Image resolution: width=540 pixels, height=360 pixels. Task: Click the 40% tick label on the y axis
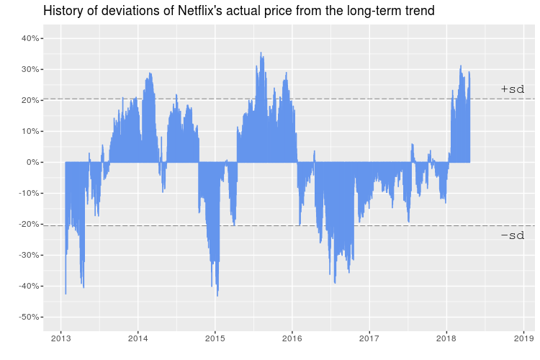point(30,38)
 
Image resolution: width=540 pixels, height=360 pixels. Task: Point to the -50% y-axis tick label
point(27,318)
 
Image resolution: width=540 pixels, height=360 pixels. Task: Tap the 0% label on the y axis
point(32,162)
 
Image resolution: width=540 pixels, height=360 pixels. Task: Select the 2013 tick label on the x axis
point(60,338)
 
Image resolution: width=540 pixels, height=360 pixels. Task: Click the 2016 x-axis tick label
point(292,338)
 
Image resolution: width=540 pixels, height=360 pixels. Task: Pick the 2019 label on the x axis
point(523,338)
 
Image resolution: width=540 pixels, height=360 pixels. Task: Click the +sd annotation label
point(512,89)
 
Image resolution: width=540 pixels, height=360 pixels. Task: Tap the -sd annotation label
point(512,235)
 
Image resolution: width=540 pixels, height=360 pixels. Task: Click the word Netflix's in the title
point(203,11)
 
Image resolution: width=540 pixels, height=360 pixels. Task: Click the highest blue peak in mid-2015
point(261,53)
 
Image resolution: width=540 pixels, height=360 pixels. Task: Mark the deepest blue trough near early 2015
point(217,295)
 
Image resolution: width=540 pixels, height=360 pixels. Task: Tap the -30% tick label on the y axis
point(27,256)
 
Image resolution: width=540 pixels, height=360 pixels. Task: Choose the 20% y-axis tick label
point(30,100)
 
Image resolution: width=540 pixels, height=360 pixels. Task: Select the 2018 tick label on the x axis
point(446,338)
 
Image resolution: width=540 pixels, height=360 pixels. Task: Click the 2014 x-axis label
point(138,338)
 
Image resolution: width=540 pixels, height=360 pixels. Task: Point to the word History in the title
point(65,11)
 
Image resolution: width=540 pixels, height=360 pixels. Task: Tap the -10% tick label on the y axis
point(27,193)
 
